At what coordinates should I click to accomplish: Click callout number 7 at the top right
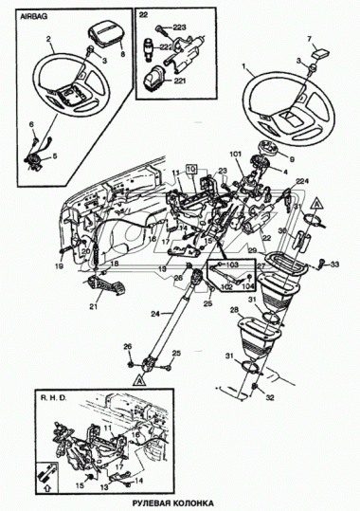coord(309,37)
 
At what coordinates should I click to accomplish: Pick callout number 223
coord(180,27)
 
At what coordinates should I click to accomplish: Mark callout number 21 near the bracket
coord(93,305)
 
